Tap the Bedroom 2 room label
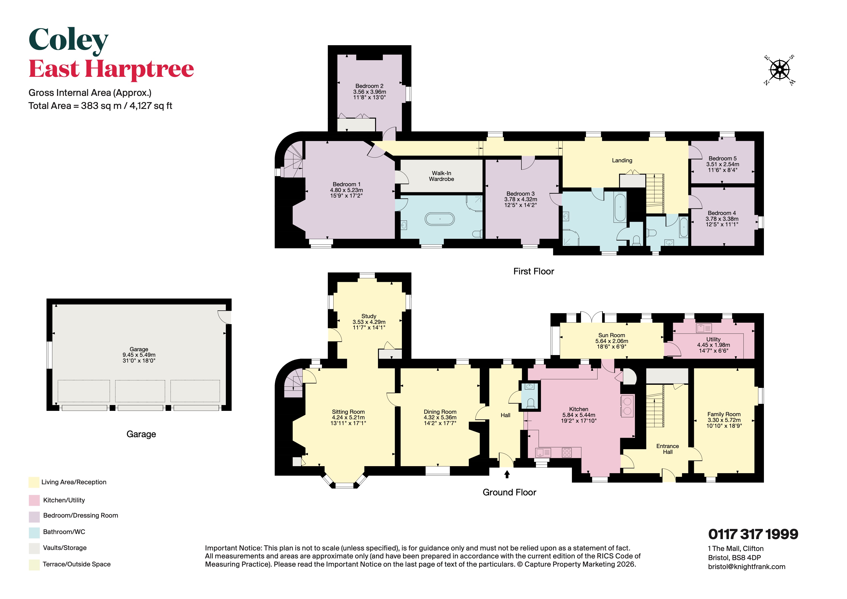pos(369,86)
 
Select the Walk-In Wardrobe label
pos(441,176)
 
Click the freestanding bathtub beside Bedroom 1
pos(440,219)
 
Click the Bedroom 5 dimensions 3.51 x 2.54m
pos(723,164)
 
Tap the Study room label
pos(369,316)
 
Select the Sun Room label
pos(612,335)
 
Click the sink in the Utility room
pos(704,328)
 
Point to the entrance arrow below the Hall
pos(507,474)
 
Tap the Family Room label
pos(724,414)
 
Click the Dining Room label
pos(440,412)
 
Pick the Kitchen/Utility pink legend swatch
pos(34,500)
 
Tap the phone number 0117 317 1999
pos(753,534)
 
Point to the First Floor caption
pos(534,271)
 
